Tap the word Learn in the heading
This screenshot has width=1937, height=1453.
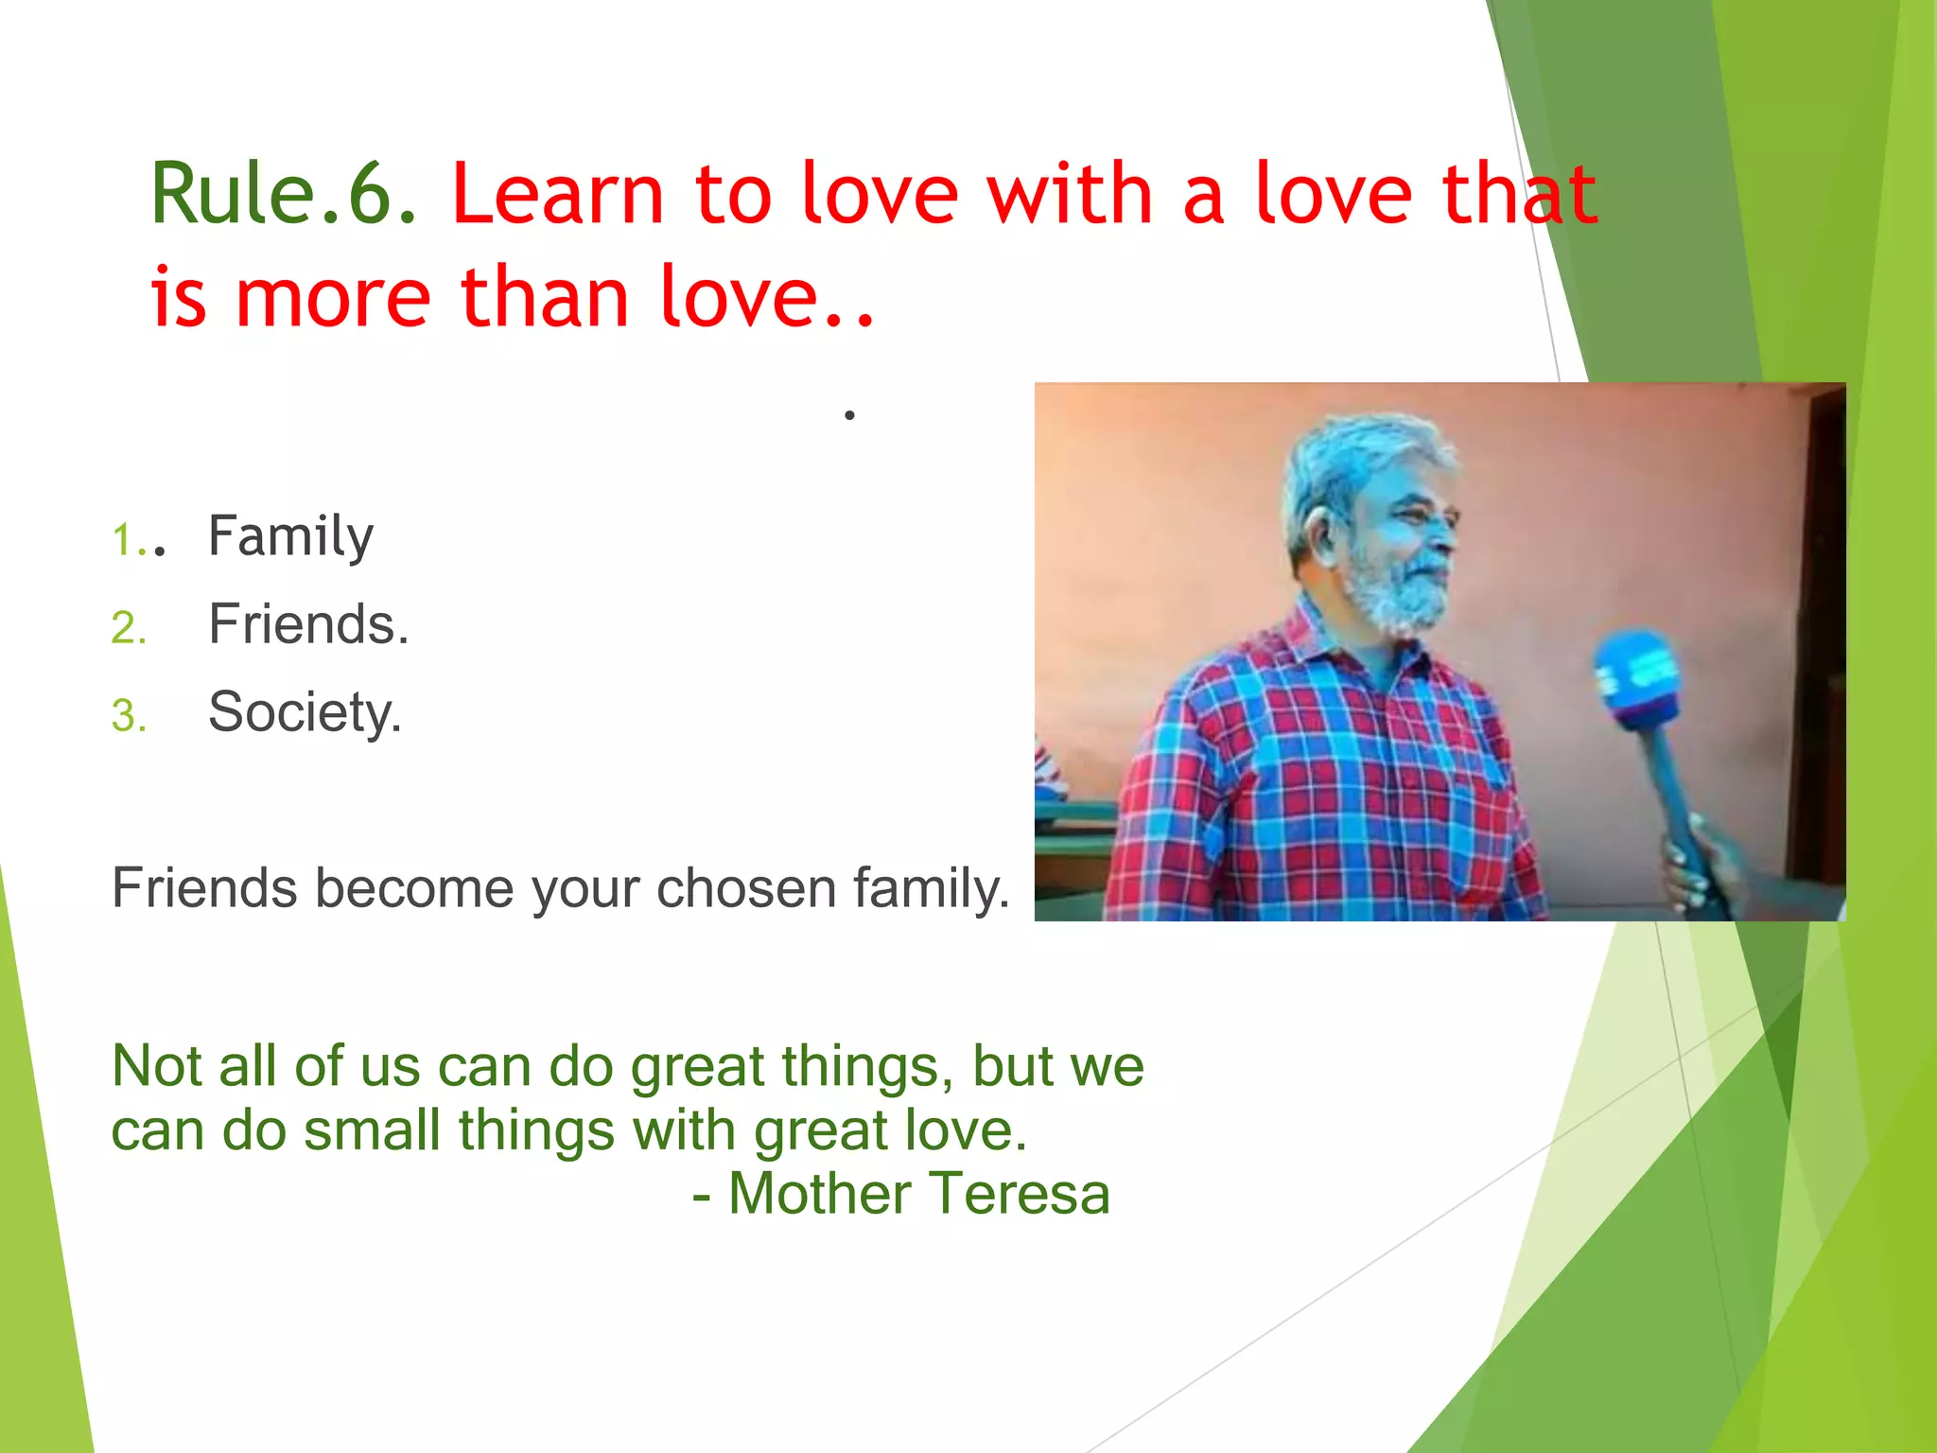point(558,194)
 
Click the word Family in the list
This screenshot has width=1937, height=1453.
point(290,537)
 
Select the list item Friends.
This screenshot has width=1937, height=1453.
point(308,624)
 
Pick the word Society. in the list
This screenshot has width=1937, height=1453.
point(305,712)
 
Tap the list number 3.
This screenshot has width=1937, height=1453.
point(129,716)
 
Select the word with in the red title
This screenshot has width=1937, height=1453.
point(1070,194)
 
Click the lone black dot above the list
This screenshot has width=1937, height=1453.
point(849,414)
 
